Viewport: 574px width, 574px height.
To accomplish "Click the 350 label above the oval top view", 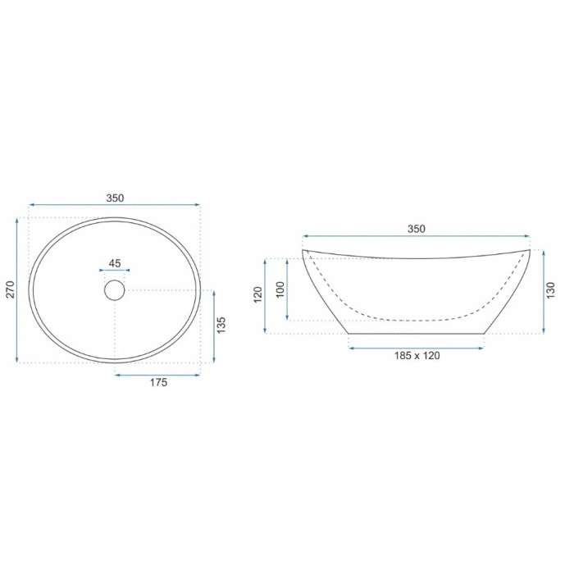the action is point(115,198).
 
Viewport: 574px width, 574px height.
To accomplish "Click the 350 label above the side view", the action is point(417,229).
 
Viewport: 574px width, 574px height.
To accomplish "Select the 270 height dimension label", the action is point(10,289).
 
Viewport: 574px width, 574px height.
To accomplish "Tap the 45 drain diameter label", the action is point(115,263).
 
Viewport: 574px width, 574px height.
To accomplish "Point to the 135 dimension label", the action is point(221,325).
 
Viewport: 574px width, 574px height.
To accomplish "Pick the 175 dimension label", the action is point(158,383).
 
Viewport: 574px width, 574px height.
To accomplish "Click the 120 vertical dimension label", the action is point(258,295).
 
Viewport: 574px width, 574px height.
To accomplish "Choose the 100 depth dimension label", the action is point(280,290).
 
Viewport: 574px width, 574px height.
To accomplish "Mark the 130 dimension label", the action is point(550,291).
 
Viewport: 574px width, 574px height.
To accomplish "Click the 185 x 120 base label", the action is point(417,355).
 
